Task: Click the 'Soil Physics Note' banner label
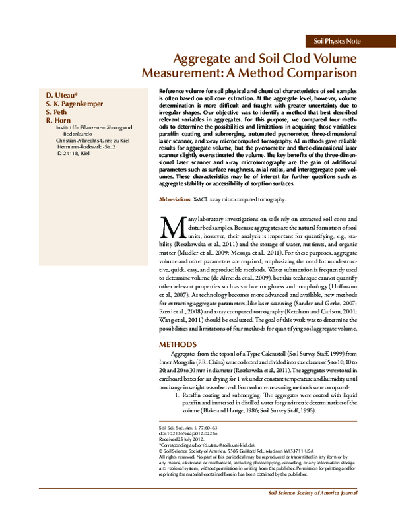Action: (x=337, y=41)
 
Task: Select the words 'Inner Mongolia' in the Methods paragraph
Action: (x=180, y=364)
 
